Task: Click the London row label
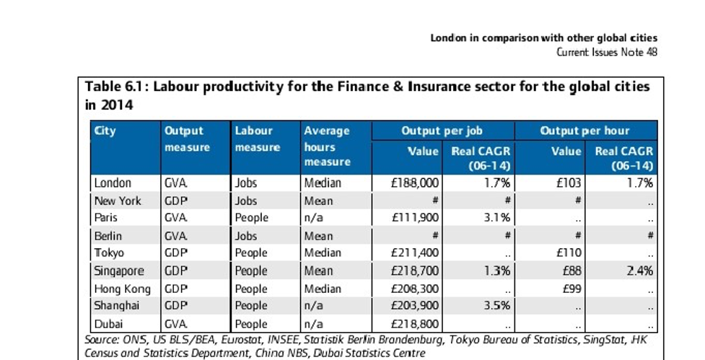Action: pyautogui.click(x=113, y=183)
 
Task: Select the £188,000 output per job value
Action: pyautogui.click(x=415, y=183)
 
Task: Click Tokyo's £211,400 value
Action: pyautogui.click(x=415, y=253)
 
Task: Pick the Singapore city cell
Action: pyautogui.click(x=119, y=271)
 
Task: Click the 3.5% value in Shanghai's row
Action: pyautogui.click(x=497, y=306)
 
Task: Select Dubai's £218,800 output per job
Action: pyautogui.click(x=415, y=324)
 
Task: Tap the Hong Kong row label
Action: pyautogui.click(x=122, y=289)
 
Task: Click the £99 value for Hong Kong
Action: pyautogui.click(x=572, y=289)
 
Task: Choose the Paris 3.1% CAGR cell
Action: pyautogui.click(x=497, y=218)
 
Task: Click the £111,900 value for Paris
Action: pyautogui.click(x=415, y=218)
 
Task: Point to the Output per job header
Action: pyautogui.click(x=442, y=131)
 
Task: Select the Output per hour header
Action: pyautogui.click(x=584, y=131)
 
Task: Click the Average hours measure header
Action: pyautogui.click(x=327, y=146)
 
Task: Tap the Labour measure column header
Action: pyautogui.click(x=258, y=139)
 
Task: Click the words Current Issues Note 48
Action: pyautogui.click(x=607, y=52)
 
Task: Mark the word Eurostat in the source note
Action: pyautogui.click(x=241, y=340)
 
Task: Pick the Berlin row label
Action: pyautogui.click(x=108, y=236)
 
